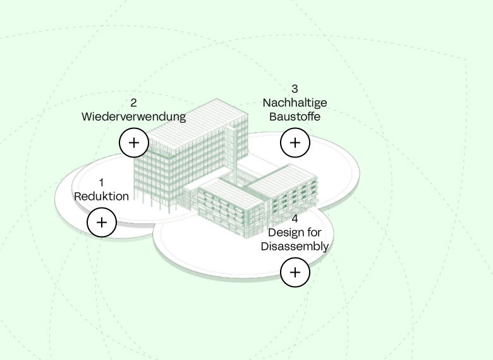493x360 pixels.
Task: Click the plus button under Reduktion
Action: click(101, 222)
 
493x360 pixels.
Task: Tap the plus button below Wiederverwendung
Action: click(134, 142)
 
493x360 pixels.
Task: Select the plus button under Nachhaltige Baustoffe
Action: click(295, 142)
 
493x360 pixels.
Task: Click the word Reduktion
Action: click(101, 196)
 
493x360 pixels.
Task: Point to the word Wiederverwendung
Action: click(133, 116)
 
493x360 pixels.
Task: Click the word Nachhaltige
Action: click(295, 102)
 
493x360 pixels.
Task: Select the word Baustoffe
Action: click(295, 116)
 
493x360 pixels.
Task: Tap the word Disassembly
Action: click(295, 246)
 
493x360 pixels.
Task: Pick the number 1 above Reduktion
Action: click(101, 183)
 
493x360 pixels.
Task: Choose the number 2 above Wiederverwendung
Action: click(133, 102)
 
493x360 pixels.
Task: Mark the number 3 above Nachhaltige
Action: click(295, 89)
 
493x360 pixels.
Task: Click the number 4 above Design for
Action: click(295, 219)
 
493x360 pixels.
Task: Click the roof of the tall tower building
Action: click(190, 120)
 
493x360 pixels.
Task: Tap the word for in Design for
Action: click(313, 233)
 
